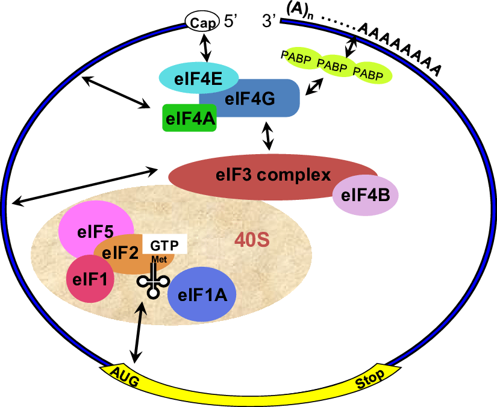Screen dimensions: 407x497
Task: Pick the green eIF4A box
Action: (189, 118)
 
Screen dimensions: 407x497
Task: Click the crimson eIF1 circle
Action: (90, 279)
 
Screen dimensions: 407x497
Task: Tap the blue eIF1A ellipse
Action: (201, 293)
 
